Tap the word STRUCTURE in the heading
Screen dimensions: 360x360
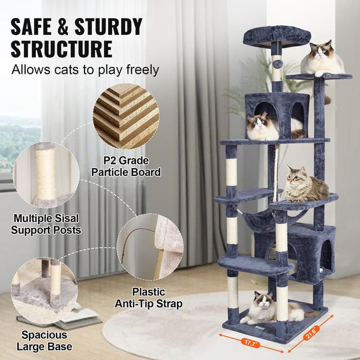pyautogui.click(x=61, y=49)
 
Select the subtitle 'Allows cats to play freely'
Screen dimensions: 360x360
pyautogui.click(x=85, y=70)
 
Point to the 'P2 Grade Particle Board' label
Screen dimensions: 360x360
pyautogui.click(x=126, y=166)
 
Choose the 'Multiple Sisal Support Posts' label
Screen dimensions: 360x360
pyautogui.click(x=47, y=224)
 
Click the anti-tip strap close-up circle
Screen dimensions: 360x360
pyautogui.click(x=150, y=247)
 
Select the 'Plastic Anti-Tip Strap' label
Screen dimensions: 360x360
pyautogui.click(x=149, y=298)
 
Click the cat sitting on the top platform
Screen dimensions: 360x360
pyautogui.click(x=322, y=59)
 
